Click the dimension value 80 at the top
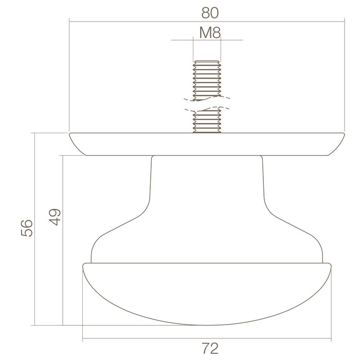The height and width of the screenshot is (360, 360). [x=207, y=11]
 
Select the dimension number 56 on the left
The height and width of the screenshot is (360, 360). [x=27, y=228]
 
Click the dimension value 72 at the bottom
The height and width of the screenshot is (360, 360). [x=207, y=349]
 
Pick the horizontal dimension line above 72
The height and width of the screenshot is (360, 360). [x=154, y=339]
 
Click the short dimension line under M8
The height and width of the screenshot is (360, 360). [x=207, y=40]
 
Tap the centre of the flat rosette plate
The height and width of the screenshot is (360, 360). [x=207, y=144]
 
